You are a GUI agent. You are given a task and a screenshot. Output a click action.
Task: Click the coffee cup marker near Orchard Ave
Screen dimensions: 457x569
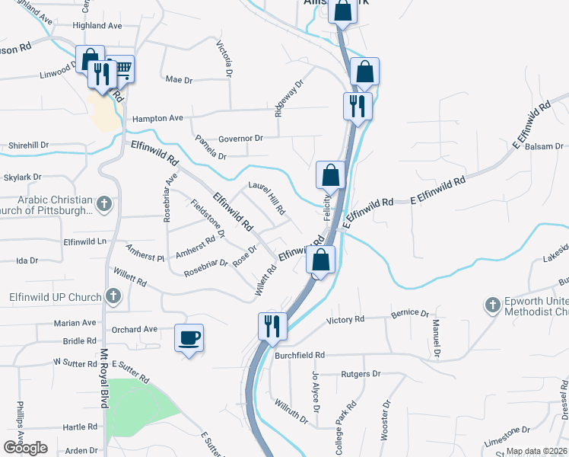tap(189, 337)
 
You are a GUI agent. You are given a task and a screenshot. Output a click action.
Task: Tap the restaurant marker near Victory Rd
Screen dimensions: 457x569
tap(271, 326)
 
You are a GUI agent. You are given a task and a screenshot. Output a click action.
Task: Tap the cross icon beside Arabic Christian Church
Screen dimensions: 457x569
tap(104, 204)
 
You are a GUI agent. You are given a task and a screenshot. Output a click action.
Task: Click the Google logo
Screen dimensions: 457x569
tap(25, 448)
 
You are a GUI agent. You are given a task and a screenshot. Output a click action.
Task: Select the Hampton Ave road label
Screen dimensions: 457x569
tap(158, 119)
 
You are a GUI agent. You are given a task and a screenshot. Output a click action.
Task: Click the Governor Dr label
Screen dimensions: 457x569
tap(240, 139)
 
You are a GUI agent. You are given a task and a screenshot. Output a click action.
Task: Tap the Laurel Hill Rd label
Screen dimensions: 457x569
tap(267, 197)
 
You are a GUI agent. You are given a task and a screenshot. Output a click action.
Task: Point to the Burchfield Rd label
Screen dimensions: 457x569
tap(300, 355)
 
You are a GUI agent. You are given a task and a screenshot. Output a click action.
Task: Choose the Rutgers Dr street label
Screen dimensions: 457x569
tap(361, 374)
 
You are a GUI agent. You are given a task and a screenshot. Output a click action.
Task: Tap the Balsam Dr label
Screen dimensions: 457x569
tap(545, 145)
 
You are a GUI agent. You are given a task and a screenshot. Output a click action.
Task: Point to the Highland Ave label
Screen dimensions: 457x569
tap(97, 26)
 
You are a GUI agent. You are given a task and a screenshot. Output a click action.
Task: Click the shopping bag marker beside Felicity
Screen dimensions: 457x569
tap(331, 175)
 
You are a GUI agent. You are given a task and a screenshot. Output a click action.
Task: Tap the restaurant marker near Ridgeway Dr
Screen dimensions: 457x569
tap(358, 106)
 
